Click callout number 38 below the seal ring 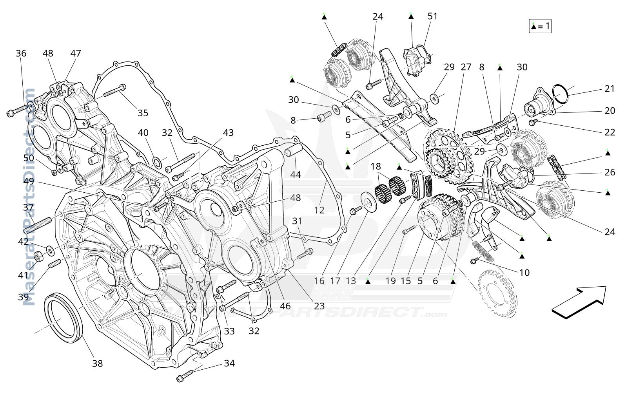tap(98, 363)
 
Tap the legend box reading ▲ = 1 tap(540, 26)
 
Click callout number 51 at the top tap(432, 16)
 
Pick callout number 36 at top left tap(21, 53)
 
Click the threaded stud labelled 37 tap(38, 225)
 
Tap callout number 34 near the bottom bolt tap(229, 363)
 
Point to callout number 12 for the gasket tap(319, 210)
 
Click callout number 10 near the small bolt tap(524, 273)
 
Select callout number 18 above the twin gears tap(376, 166)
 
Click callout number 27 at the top tap(466, 67)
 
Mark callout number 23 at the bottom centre tap(319, 306)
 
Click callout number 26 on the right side tap(610, 172)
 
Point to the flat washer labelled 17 tap(368, 202)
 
